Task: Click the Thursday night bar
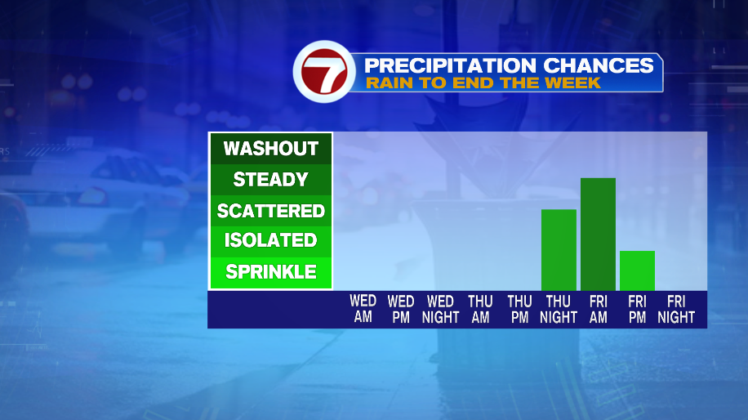[559, 249]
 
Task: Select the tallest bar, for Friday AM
[598, 234]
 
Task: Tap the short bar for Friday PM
[637, 270]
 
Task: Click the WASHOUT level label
[271, 149]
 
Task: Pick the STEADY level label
[271, 180]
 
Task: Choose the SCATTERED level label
[271, 211]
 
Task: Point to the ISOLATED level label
[271, 240]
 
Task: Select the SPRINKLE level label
[271, 272]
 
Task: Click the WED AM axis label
[363, 309]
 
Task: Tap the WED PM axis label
[401, 309]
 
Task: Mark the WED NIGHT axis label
[440, 309]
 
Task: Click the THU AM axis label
[480, 309]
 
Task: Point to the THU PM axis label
[519, 309]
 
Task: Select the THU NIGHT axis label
[559, 309]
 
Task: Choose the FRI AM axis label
[599, 309]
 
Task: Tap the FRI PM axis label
[637, 309]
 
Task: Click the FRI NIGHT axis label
[676, 309]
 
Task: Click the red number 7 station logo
[324, 72]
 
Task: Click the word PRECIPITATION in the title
[450, 65]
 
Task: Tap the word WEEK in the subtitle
[572, 83]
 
